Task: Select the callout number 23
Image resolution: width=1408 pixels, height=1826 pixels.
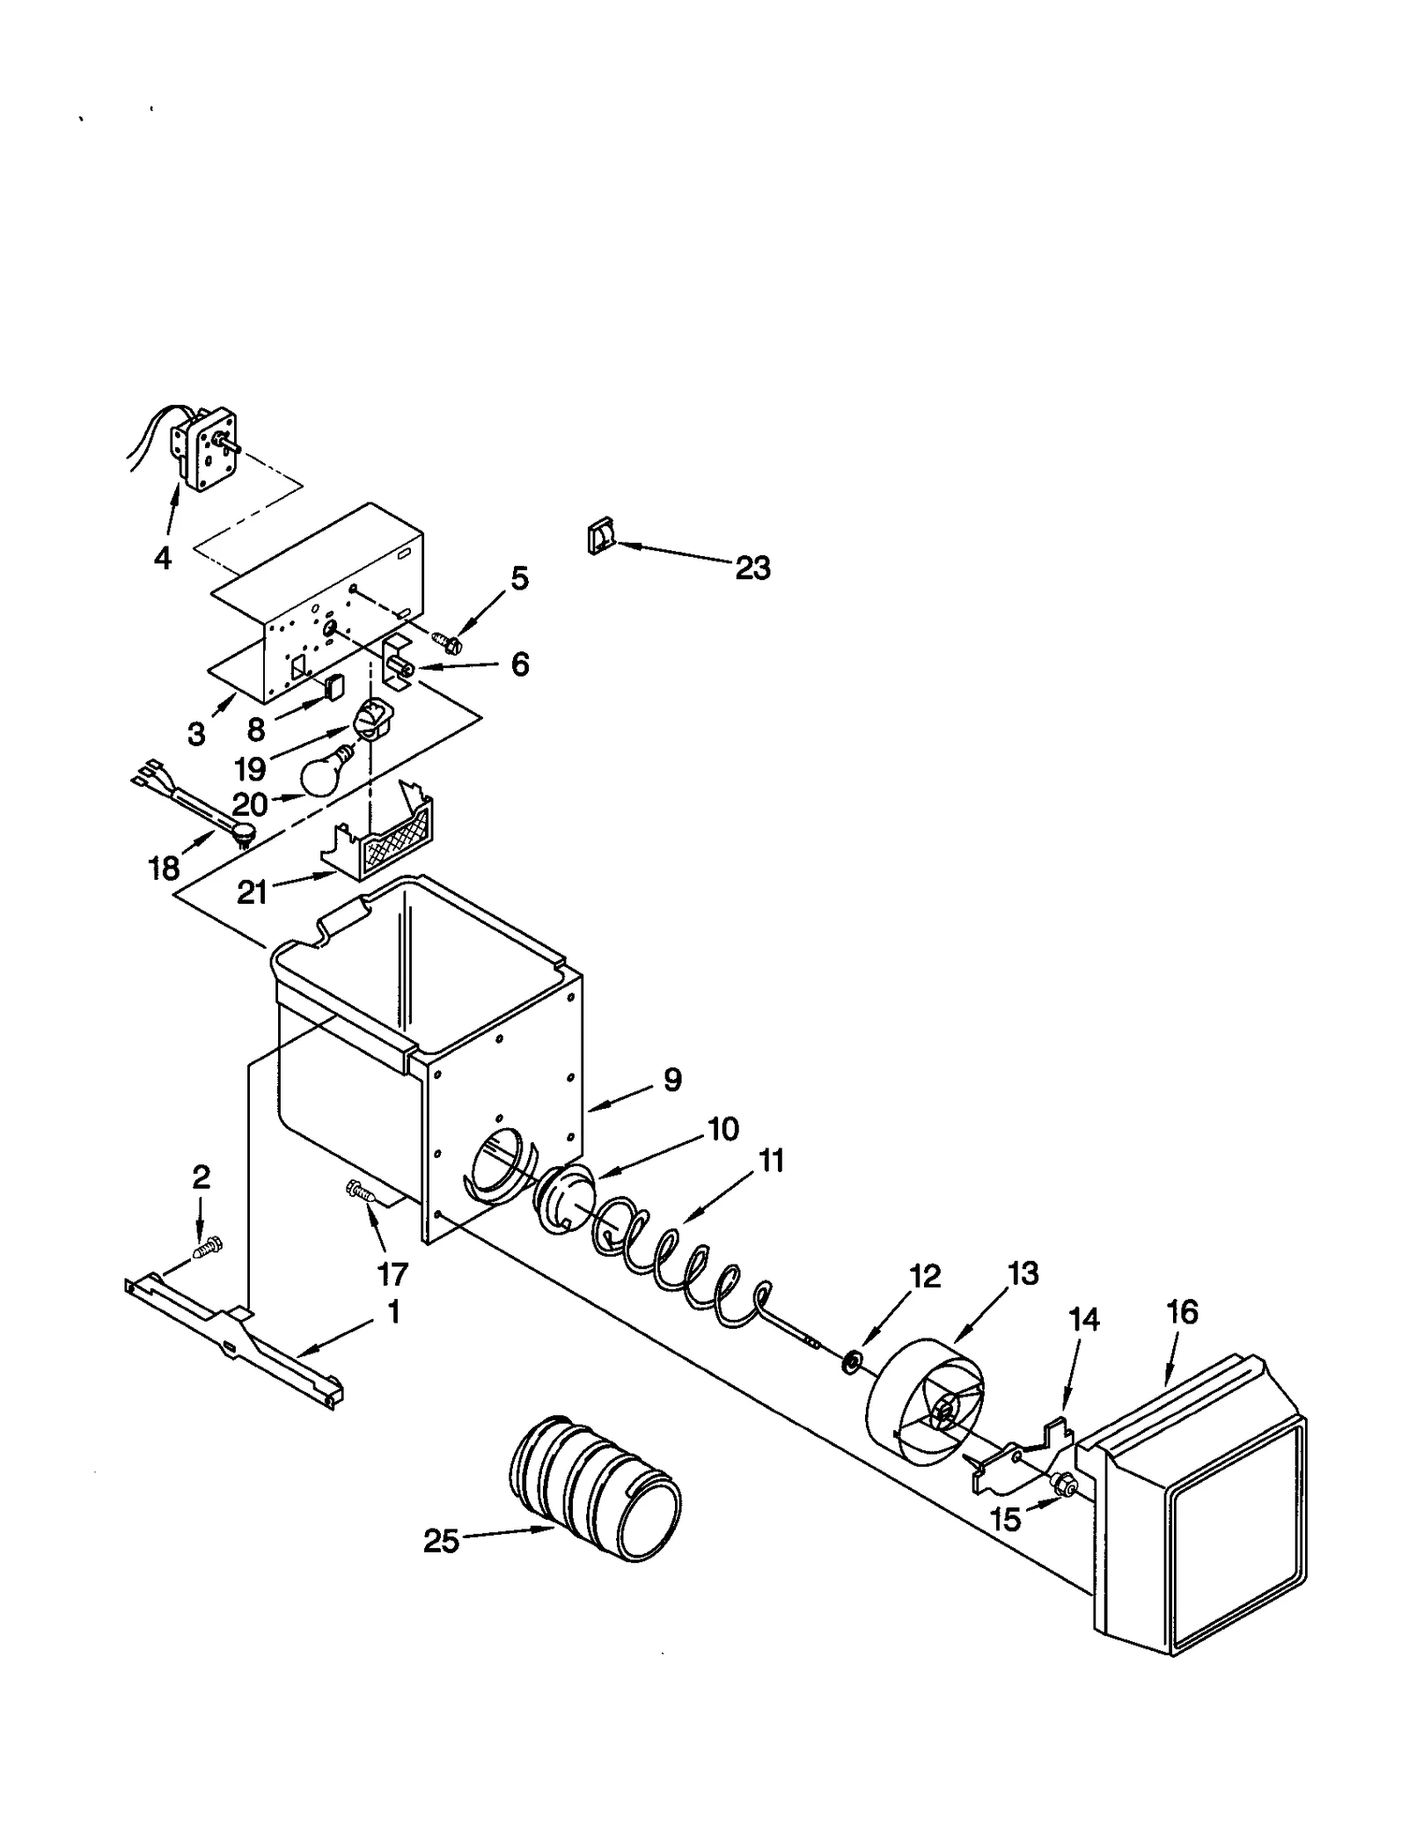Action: click(752, 569)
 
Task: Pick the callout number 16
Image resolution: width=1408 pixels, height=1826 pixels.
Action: click(1182, 1312)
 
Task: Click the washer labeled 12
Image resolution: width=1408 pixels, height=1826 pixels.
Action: click(851, 1365)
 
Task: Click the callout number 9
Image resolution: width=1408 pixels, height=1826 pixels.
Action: click(672, 1080)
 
